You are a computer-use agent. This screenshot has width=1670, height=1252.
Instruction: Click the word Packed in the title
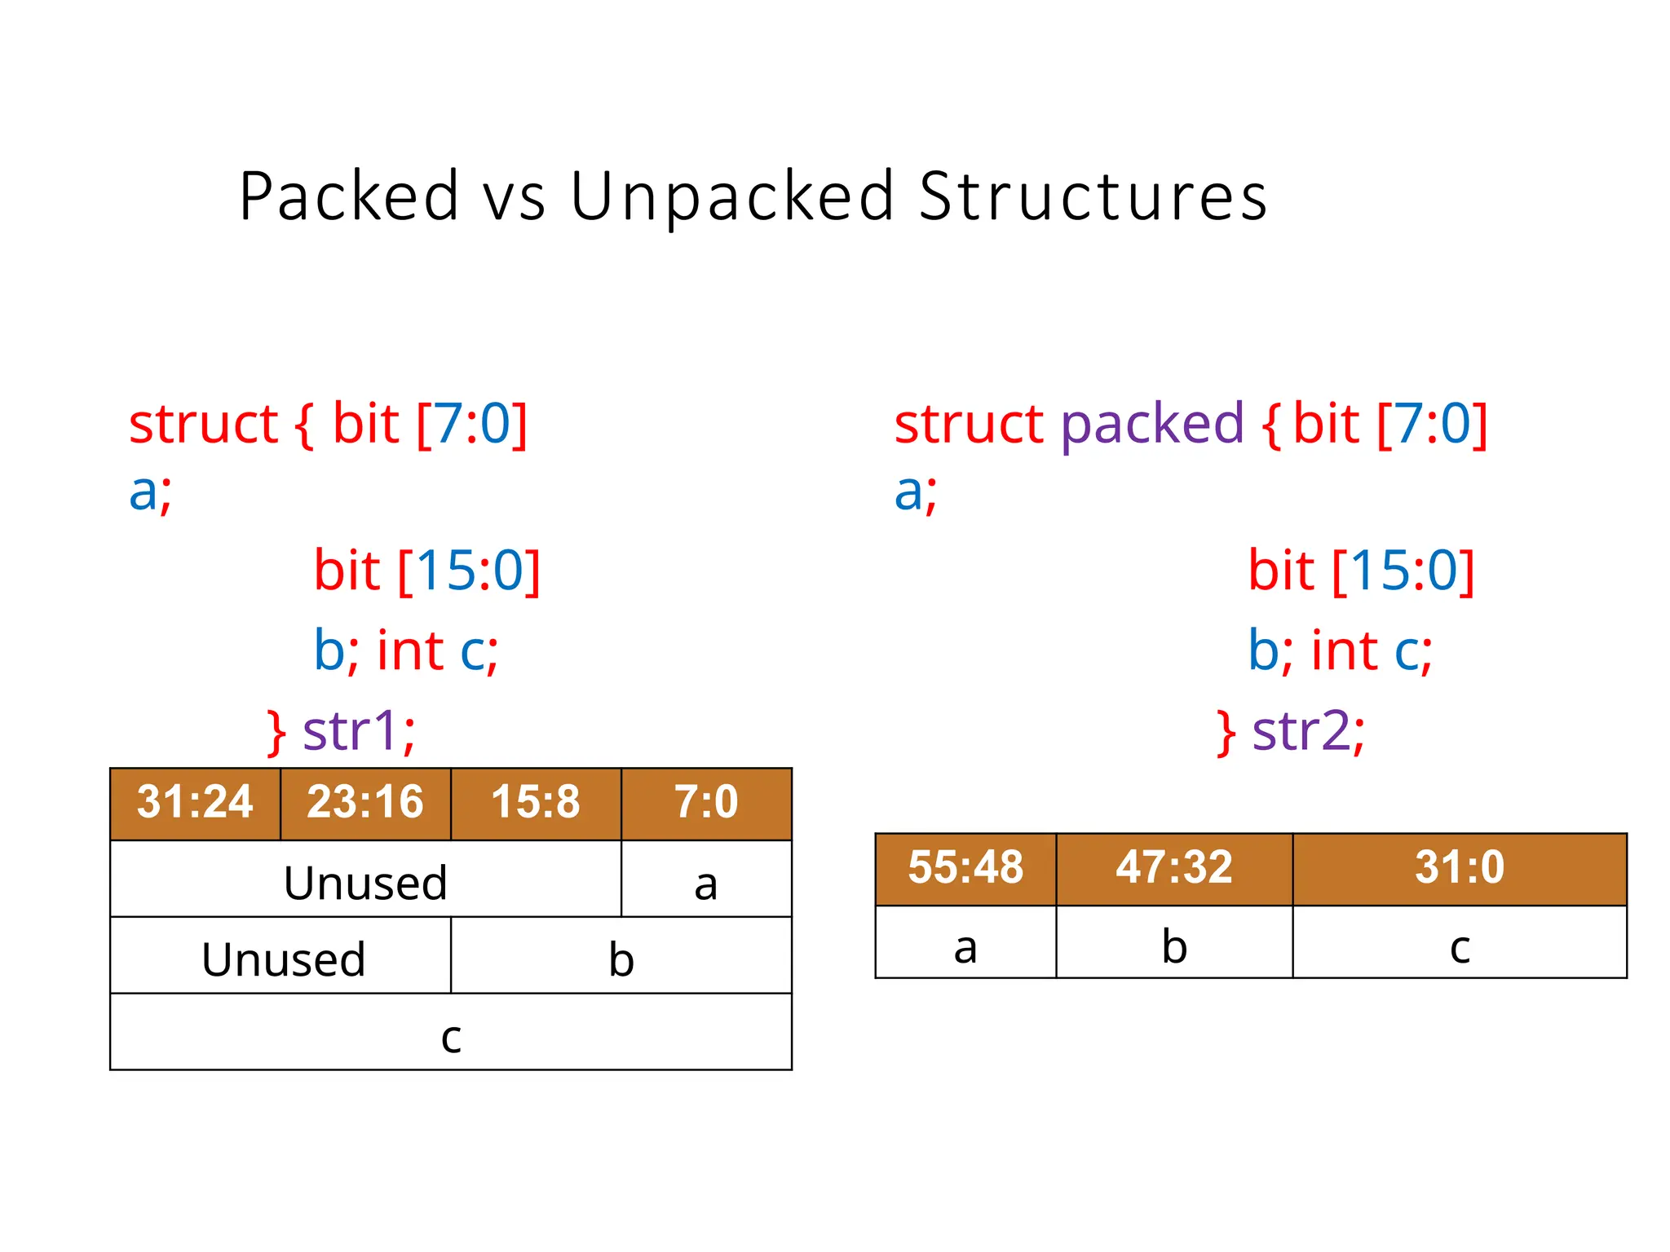(x=349, y=196)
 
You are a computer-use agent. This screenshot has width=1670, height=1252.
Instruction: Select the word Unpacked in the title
(x=731, y=196)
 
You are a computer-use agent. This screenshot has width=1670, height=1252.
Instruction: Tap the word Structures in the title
(x=1093, y=196)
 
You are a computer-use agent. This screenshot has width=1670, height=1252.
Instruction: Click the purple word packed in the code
(x=1151, y=424)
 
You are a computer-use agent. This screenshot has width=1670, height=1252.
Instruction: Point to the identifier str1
(x=359, y=730)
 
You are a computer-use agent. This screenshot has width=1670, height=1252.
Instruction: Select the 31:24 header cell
(x=195, y=803)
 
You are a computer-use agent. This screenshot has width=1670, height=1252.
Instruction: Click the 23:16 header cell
(x=365, y=803)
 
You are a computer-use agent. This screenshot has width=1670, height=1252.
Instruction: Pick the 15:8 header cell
(x=536, y=803)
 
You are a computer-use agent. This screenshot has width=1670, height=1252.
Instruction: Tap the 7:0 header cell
(x=706, y=803)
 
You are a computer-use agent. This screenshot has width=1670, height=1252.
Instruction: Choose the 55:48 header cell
(x=965, y=868)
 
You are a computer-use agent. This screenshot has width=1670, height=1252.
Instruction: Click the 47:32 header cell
(x=1174, y=868)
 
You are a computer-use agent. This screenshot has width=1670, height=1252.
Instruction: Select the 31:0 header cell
(x=1460, y=868)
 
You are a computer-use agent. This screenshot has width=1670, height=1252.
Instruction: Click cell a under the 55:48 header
(x=965, y=944)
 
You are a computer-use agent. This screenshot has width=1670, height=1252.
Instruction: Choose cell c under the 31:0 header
(x=1460, y=944)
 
